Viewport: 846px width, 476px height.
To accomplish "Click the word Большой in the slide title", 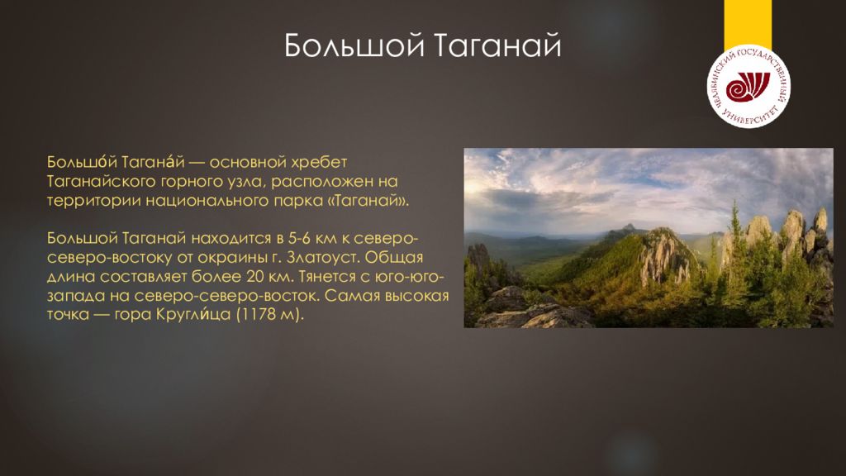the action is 354,45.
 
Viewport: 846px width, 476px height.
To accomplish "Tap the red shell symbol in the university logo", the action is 747,87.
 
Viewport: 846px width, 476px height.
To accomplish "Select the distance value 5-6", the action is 299,239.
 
